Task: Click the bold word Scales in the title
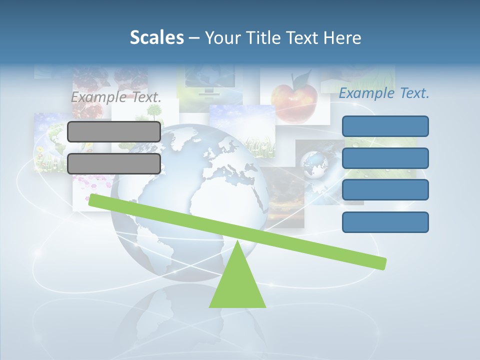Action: [156, 37]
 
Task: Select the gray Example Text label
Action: [116, 97]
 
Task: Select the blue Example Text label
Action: [384, 93]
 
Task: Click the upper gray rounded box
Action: [114, 131]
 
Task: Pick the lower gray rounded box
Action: [114, 163]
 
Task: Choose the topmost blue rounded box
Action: [385, 126]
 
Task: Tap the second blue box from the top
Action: [385, 158]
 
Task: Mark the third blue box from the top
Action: [385, 190]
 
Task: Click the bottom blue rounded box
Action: [385, 222]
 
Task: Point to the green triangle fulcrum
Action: [237, 282]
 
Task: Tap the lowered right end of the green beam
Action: [380, 262]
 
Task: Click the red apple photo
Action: [294, 100]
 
